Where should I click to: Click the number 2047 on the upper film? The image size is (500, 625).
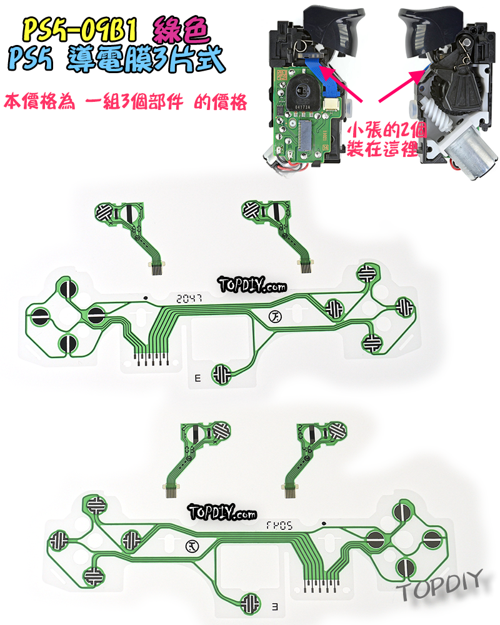pos(189,298)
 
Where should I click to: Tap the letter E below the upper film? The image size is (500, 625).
pos(198,377)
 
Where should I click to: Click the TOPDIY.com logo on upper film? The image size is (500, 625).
pos(252,286)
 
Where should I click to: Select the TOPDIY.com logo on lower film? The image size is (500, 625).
pos(222,512)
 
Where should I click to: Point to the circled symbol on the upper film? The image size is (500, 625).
pos(274,317)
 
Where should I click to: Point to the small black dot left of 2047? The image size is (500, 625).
pos(145,298)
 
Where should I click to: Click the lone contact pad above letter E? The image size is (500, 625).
pos(222,374)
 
